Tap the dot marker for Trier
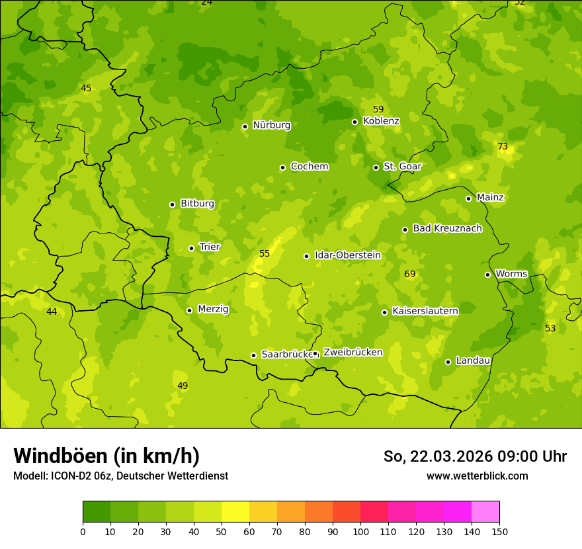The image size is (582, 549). click(x=192, y=248)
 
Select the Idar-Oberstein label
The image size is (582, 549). click(x=347, y=255)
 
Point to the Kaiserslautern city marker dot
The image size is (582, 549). click(x=384, y=312)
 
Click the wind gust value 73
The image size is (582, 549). click(x=503, y=146)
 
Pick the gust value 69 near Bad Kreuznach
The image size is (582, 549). click(x=410, y=274)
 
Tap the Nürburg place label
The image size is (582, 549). click(x=271, y=125)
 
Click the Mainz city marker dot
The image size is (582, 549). click(x=468, y=198)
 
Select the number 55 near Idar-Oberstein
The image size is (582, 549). click(x=265, y=253)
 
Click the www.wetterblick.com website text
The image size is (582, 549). click(x=477, y=476)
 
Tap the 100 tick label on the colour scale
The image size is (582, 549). click(x=360, y=531)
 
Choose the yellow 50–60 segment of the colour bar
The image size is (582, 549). click(x=235, y=512)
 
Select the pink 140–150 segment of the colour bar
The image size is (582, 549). click(x=485, y=512)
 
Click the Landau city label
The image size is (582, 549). click(x=473, y=360)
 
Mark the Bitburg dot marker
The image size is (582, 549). click(x=172, y=204)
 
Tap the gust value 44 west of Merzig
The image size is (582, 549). click(x=52, y=312)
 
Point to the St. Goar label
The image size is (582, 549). click(x=402, y=167)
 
